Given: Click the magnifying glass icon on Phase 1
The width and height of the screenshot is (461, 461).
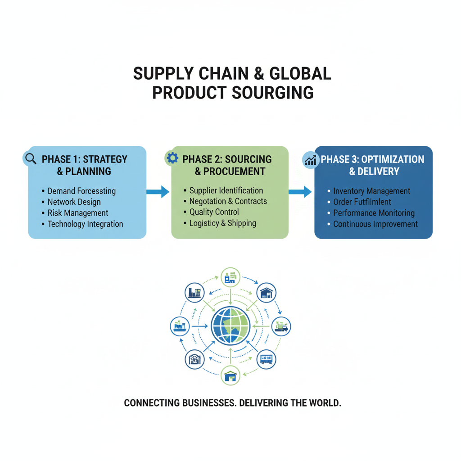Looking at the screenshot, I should click(31, 158).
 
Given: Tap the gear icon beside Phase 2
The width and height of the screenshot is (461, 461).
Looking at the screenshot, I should click(172, 158).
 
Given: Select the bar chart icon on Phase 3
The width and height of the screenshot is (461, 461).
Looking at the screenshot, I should click(310, 159).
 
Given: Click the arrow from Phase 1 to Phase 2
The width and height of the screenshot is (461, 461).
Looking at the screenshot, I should click(158, 192).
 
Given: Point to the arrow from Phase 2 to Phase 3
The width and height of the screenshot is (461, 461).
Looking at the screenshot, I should click(300, 192).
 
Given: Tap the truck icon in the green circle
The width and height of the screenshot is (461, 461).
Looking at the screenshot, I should click(281, 325).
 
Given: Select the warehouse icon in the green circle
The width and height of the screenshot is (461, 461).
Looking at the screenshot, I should click(230, 375).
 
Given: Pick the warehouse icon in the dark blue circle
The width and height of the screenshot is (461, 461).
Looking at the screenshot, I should click(266, 293).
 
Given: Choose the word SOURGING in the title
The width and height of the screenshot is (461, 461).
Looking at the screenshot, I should click(273, 92).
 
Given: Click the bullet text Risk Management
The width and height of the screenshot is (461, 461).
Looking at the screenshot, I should click(78, 213).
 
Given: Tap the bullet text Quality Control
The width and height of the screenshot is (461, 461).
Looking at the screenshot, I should click(214, 212).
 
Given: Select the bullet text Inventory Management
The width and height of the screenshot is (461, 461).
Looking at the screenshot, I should click(371, 191).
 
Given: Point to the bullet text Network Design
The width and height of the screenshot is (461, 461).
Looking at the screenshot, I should click(74, 202).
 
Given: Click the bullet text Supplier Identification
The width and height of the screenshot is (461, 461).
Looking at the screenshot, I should click(226, 190).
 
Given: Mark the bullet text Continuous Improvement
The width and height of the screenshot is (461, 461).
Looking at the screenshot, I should click(375, 224).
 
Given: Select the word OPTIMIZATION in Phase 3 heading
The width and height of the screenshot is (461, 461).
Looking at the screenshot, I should click(393, 159).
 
